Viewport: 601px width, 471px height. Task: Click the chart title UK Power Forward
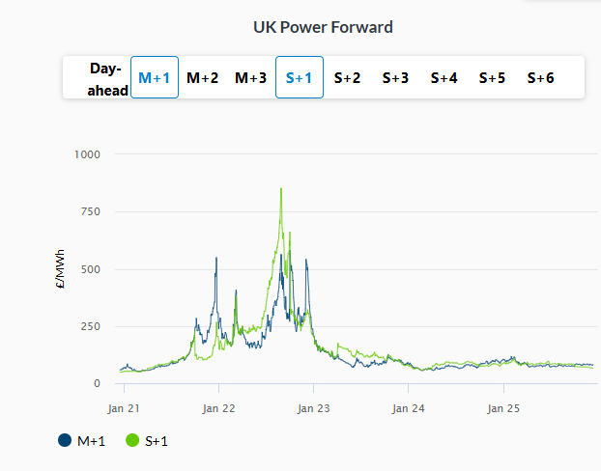click(x=324, y=27)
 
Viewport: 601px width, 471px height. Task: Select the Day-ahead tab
click(x=105, y=78)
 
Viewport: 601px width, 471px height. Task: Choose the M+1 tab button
click(x=155, y=78)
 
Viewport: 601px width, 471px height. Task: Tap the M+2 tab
click(x=203, y=78)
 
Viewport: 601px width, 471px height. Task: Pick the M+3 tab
click(x=251, y=78)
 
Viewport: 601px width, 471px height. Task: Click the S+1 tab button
click(x=300, y=78)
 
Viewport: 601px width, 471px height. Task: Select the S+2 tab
click(x=348, y=78)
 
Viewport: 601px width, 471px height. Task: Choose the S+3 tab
click(x=396, y=78)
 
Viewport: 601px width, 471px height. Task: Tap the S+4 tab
click(x=444, y=78)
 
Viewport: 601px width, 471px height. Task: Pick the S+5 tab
click(x=493, y=78)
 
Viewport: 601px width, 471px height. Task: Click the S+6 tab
click(x=541, y=78)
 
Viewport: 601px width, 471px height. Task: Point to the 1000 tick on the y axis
click(x=87, y=153)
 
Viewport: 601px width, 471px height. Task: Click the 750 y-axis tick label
click(x=91, y=211)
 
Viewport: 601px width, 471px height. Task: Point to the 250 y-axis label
click(x=91, y=326)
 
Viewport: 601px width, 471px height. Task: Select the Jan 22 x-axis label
click(x=219, y=408)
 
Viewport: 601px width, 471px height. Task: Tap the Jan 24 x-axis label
click(x=409, y=408)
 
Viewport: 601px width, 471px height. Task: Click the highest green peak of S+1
click(x=281, y=189)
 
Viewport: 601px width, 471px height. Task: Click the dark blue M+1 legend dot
click(x=65, y=441)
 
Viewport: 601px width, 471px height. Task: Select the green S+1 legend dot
click(x=132, y=441)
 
